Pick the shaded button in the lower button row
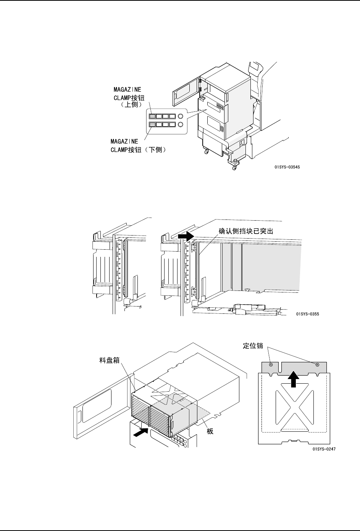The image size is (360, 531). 152,124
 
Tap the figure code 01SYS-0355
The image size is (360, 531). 307,314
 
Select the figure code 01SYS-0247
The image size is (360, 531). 324,449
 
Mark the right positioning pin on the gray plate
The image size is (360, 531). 317,365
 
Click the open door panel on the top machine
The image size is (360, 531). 186,90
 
